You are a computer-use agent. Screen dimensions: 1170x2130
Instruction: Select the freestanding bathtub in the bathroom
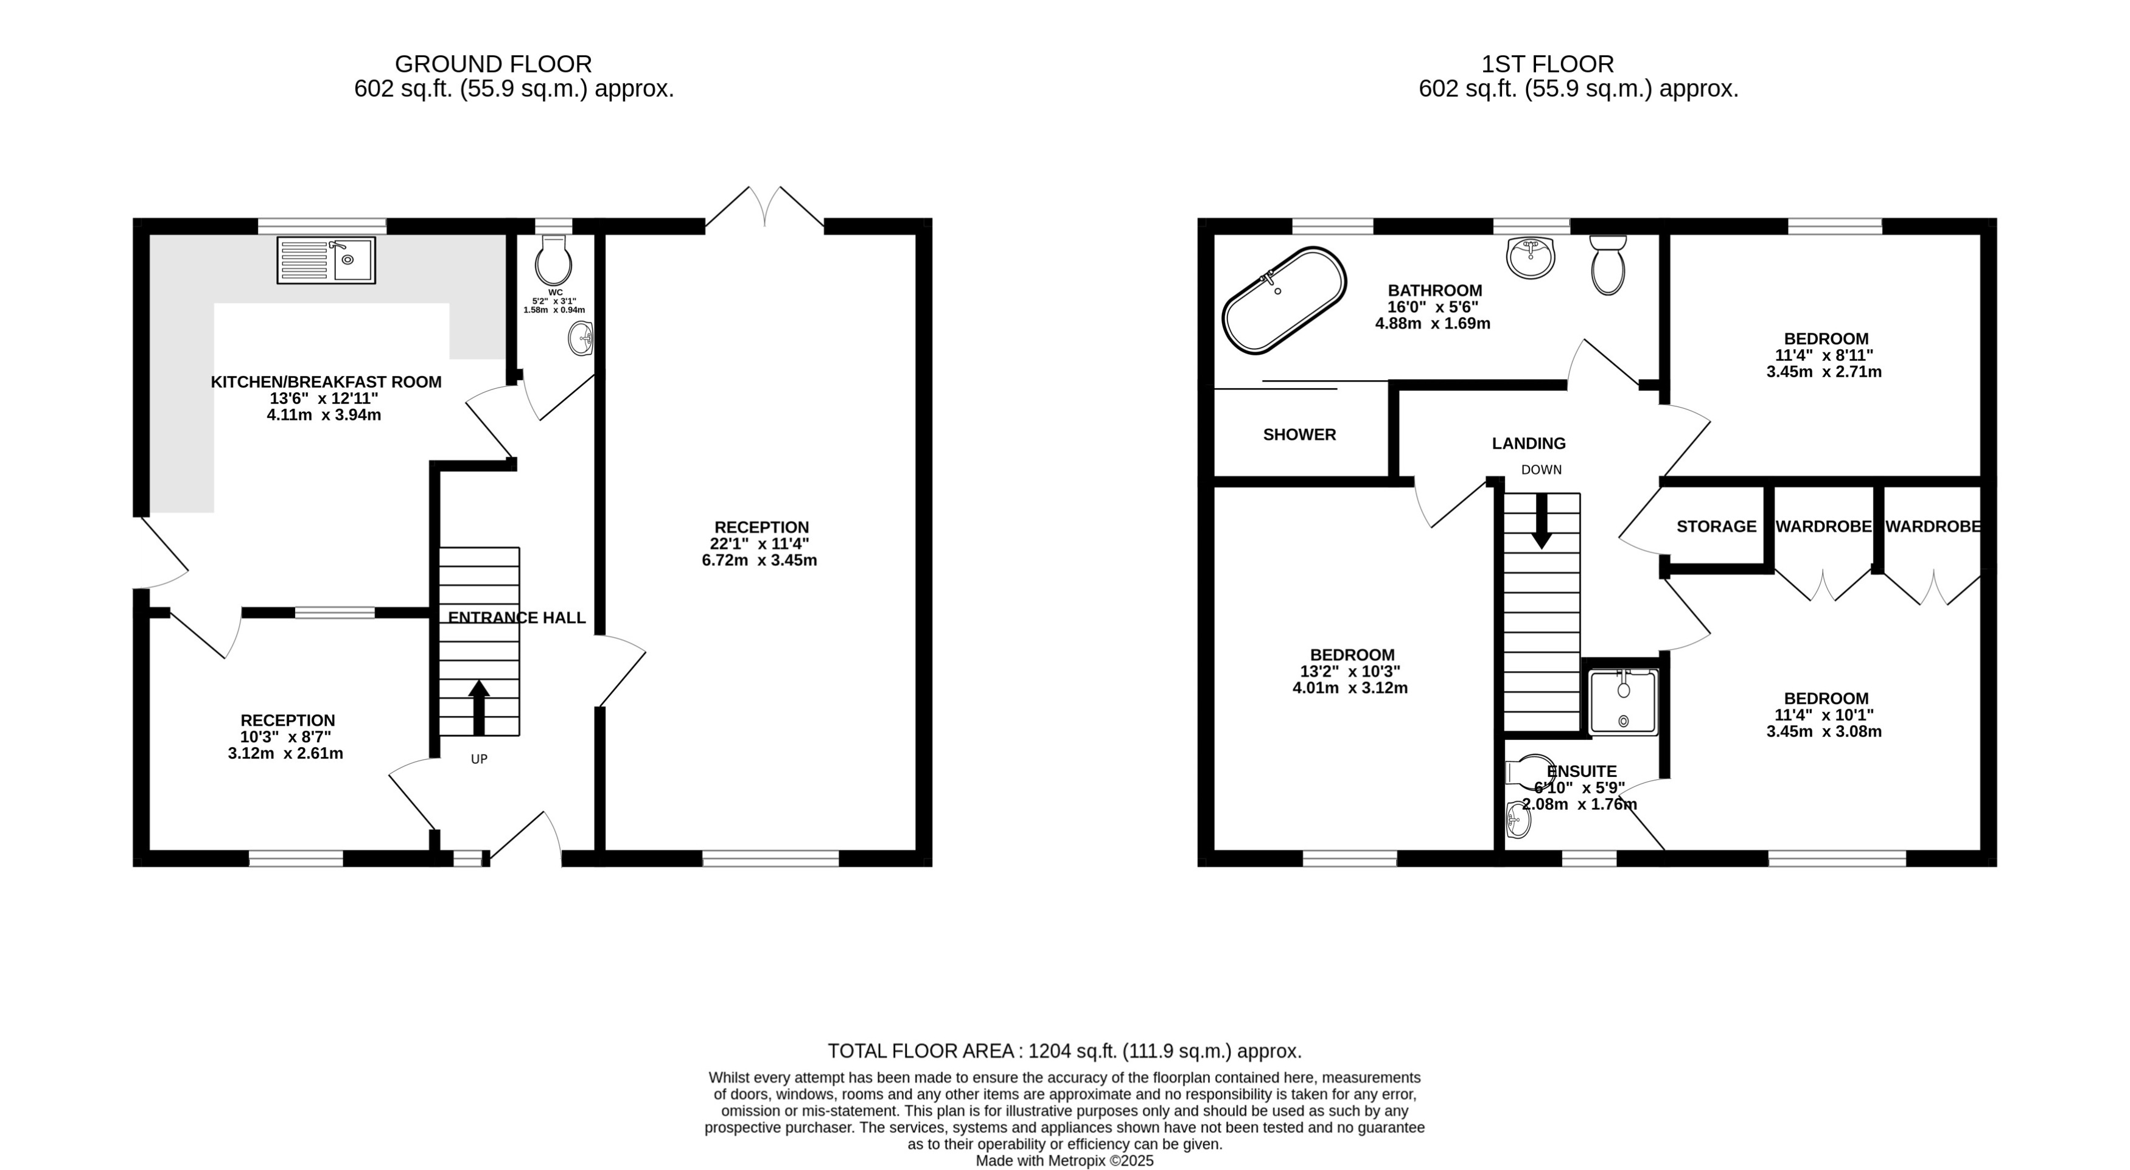(x=1284, y=300)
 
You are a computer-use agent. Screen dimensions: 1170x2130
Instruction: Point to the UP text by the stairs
(x=479, y=759)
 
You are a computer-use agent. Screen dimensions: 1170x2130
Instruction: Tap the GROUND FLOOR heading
(x=493, y=64)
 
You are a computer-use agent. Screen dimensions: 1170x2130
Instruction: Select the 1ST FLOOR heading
(x=1547, y=64)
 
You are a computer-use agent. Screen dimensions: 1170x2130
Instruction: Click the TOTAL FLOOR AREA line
(x=1064, y=1051)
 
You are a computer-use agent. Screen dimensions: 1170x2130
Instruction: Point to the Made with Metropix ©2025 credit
(x=1064, y=1161)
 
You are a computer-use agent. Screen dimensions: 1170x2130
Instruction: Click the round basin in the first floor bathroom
(x=1531, y=257)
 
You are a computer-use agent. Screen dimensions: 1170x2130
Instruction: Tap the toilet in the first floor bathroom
(x=1607, y=265)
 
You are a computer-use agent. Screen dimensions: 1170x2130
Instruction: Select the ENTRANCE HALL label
(x=516, y=618)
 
